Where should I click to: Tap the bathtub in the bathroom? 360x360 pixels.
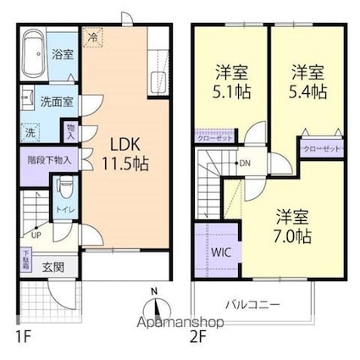[x=32, y=54]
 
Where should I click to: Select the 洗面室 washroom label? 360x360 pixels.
[x=57, y=101]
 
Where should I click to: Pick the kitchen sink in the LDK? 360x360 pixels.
[x=157, y=83]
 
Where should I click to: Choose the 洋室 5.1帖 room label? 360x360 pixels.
[x=228, y=81]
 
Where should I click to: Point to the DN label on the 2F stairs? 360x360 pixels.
[x=245, y=163]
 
